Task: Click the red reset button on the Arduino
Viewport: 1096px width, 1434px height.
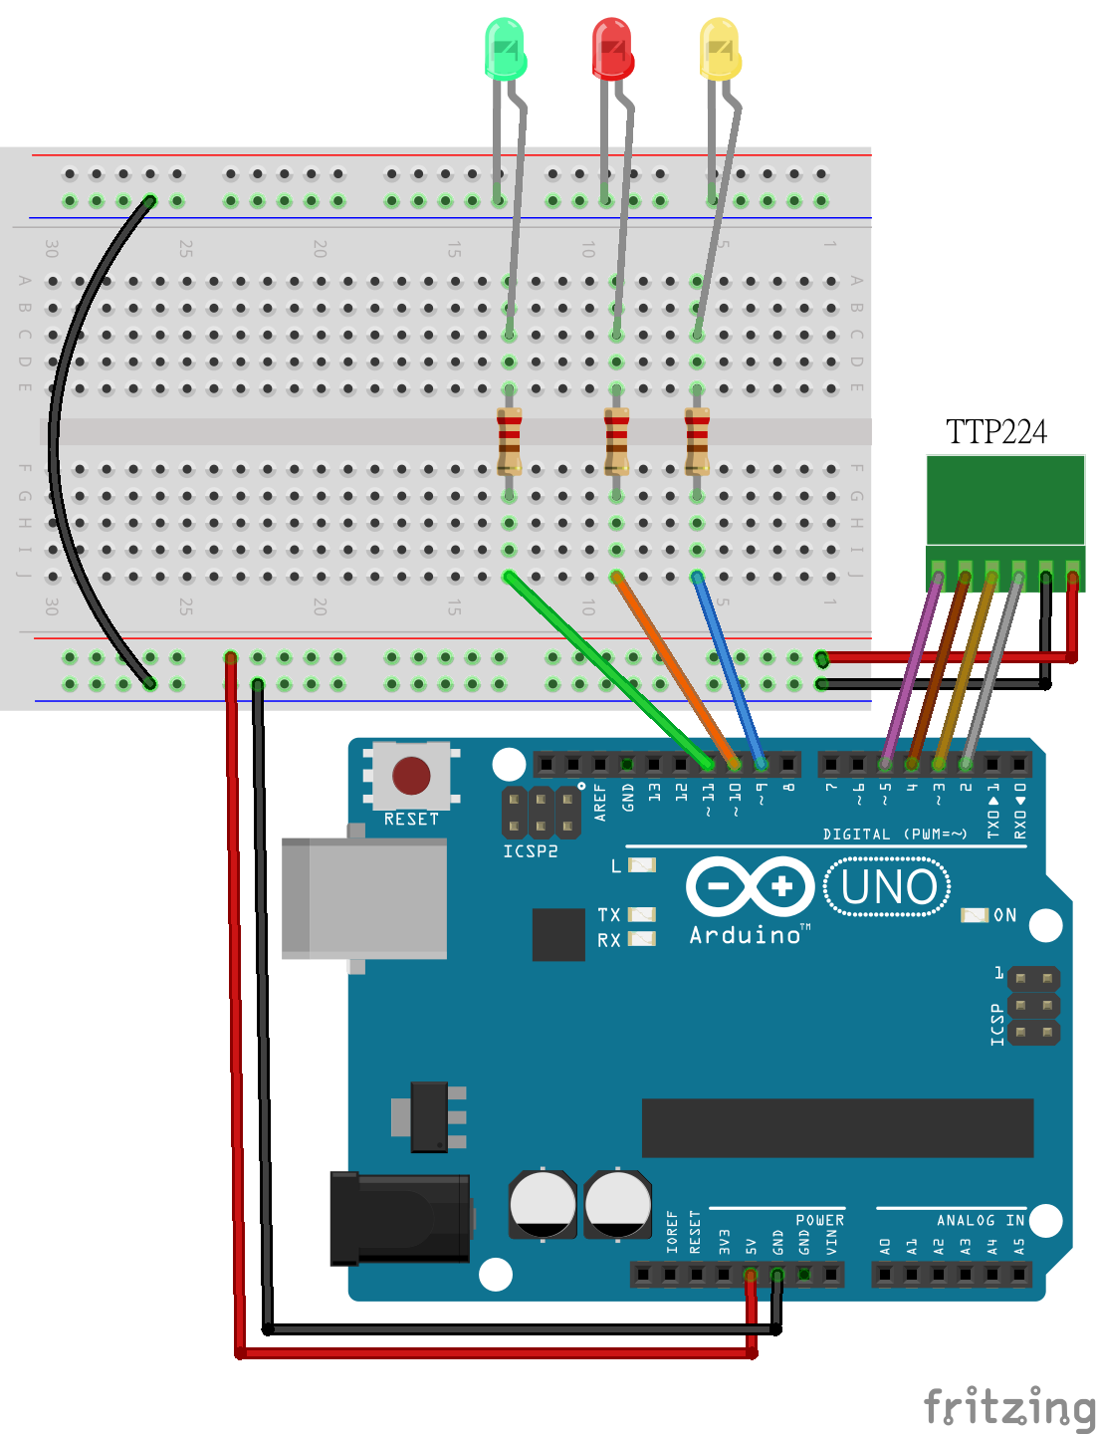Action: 411,775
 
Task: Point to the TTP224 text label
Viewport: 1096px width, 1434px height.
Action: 995,432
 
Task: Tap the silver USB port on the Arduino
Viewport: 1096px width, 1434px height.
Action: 365,898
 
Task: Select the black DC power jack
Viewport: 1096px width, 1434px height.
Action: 402,1218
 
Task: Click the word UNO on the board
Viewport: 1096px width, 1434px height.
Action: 888,887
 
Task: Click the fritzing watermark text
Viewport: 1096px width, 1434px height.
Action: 1008,1407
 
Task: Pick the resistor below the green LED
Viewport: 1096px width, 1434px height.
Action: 509,441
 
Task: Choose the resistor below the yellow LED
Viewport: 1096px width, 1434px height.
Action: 697,441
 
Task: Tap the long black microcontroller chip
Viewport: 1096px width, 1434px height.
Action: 837,1127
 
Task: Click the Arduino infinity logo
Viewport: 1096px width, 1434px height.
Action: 751,886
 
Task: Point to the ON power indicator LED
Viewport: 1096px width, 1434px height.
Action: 974,915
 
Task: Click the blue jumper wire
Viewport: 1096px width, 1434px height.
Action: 729,669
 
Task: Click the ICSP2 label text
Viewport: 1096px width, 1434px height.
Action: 530,851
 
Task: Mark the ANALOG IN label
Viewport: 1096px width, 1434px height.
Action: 980,1220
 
